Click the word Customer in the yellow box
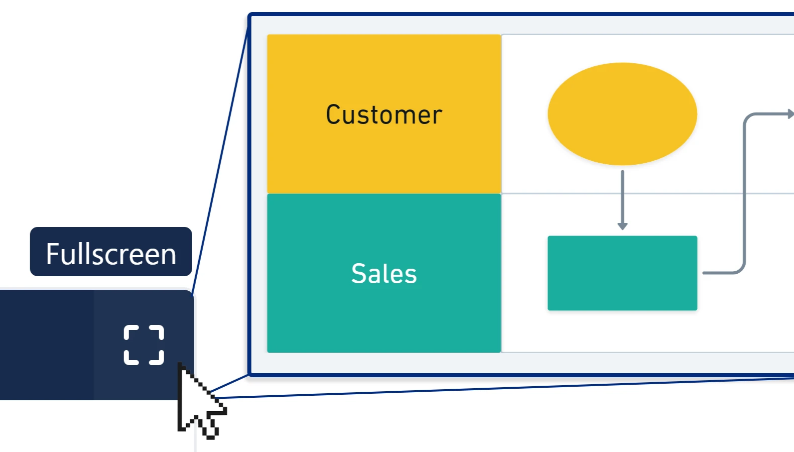(x=384, y=115)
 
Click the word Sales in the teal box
(x=384, y=274)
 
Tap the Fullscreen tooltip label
(x=111, y=252)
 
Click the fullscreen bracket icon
(x=144, y=345)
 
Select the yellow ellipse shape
(x=622, y=114)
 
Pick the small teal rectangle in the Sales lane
(x=622, y=273)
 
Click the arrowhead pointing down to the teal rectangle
(x=622, y=226)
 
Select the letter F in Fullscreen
(x=52, y=254)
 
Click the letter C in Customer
(x=334, y=115)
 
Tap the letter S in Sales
(x=359, y=274)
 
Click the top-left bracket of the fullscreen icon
(x=130, y=331)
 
